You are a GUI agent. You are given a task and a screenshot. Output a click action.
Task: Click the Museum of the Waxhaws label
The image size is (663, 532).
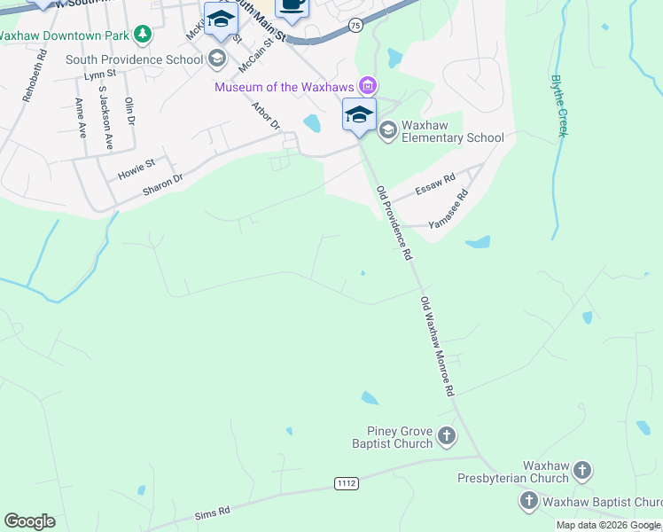285,87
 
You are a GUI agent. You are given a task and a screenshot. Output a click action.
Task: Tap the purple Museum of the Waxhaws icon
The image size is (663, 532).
367,86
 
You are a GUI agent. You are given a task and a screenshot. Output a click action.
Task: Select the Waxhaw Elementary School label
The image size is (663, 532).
452,131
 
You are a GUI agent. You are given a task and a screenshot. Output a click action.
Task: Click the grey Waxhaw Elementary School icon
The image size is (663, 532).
387,130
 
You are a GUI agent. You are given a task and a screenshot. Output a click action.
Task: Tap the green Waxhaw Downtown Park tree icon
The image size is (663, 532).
143,35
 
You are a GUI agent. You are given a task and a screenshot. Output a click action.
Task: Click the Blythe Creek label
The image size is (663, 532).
558,106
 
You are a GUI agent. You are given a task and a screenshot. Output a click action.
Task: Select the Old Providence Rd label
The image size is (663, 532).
394,223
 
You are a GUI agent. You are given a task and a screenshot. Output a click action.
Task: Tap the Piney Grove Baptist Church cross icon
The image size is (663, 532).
447,435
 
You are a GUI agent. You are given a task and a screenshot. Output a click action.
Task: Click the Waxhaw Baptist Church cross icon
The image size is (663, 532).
528,501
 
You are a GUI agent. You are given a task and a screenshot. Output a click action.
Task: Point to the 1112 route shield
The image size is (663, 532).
347,482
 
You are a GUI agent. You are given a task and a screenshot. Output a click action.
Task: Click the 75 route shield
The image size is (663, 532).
355,27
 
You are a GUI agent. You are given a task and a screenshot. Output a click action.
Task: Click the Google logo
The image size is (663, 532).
29,521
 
